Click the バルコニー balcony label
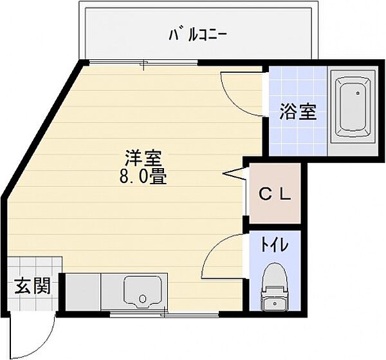coord(198,33)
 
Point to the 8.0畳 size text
coord(142,176)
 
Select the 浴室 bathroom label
coord(297,112)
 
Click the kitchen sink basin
coord(143,293)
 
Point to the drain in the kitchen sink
coord(143,299)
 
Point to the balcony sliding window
coord(143,62)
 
